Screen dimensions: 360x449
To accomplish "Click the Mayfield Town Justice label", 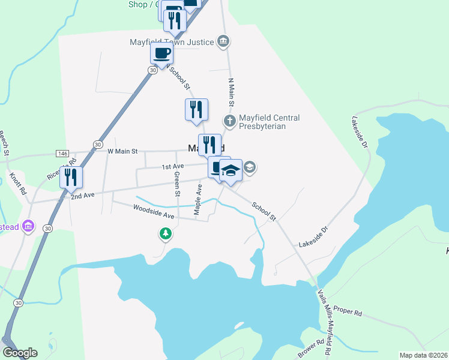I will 172,42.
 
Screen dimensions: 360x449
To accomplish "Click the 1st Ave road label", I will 173,166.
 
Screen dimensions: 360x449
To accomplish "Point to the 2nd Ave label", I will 83,196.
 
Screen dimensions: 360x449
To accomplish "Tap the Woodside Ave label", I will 153,211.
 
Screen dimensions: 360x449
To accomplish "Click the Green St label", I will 177,184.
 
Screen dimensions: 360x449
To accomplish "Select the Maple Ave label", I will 197,199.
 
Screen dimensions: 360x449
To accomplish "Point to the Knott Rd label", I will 19,184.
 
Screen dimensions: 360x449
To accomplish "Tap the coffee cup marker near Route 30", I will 162,53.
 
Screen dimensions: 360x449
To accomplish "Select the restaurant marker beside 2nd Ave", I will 71,177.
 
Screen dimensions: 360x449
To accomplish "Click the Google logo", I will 20,353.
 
